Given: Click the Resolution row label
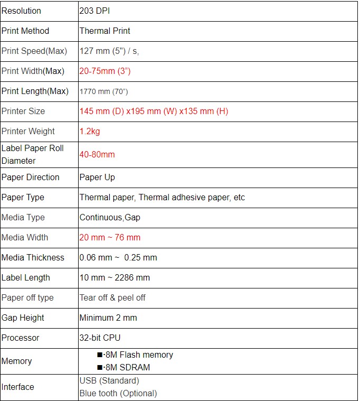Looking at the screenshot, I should pyautogui.click(x=21, y=11).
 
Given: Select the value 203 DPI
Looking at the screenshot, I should pyautogui.click(x=94, y=11).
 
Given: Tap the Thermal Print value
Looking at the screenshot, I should pyautogui.click(x=105, y=31).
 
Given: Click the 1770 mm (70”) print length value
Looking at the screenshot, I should pyautogui.click(x=103, y=91).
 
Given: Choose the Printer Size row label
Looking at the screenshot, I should pyautogui.click(x=23, y=111).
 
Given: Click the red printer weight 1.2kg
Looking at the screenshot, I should pyautogui.click(x=90, y=132).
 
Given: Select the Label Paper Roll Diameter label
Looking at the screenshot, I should pyautogui.click(x=32, y=154).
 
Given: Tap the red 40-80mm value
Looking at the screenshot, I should pyautogui.click(x=97, y=155).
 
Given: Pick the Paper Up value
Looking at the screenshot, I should pyautogui.click(x=97, y=178).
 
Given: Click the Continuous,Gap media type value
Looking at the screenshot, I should pyautogui.click(x=110, y=218).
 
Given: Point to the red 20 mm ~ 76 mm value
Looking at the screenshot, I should pyautogui.click(x=110, y=238).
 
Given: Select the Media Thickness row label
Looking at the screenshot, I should pyautogui.click(x=33, y=258).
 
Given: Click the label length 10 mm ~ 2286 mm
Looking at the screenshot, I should pyautogui.click(x=115, y=278).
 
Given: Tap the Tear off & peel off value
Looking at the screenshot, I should pyautogui.click(x=112, y=298).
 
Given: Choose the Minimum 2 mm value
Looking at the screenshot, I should pyautogui.click(x=108, y=318).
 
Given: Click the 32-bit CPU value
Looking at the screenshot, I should pyautogui.click(x=100, y=338).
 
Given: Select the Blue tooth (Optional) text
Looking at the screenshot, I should pyautogui.click(x=118, y=394).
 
